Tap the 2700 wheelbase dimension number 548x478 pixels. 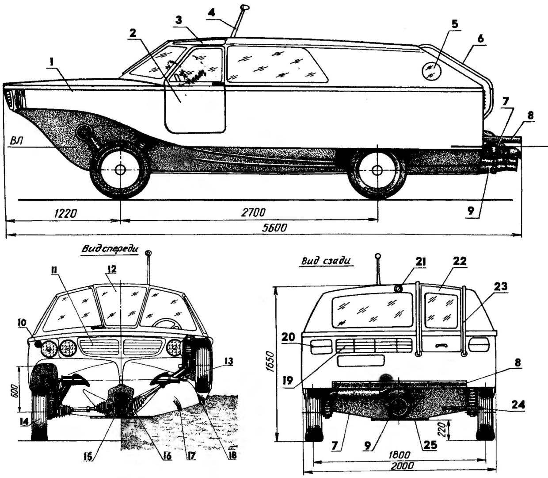click(x=253, y=212)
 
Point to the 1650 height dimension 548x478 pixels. click(x=271, y=361)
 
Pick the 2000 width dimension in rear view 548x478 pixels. click(x=402, y=466)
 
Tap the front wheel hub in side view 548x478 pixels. click(x=121, y=170)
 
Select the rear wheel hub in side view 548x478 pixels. click(x=377, y=170)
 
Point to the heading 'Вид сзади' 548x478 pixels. click(x=326, y=261)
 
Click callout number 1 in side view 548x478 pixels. click(x=51, y=62)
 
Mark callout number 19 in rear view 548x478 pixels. click(x=288, y=381)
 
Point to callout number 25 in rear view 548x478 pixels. click(x=430, y=445)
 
